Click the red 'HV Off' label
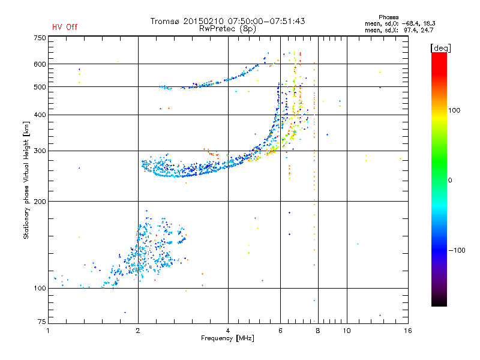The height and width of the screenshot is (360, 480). (65, 27)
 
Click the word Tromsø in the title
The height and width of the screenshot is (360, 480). (166, 21)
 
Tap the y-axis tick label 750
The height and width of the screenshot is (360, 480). (39, 38)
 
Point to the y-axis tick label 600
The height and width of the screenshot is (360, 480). (39, 64)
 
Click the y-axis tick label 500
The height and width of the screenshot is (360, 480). (39, 87)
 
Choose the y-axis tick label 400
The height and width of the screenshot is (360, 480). (39, 115)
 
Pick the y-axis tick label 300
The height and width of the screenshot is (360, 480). (39, 151)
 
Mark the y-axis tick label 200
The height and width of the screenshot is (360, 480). (39, 201)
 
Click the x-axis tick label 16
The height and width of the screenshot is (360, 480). (407, 331)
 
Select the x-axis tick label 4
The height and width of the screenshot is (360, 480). (228, 331)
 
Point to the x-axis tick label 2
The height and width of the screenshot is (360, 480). (138, 331)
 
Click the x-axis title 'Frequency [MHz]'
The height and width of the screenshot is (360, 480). (227, 339)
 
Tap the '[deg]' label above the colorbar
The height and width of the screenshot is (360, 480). (441, 47)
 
